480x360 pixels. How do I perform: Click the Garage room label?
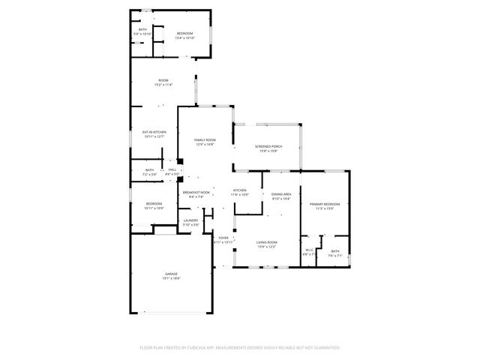pos(172,276)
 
